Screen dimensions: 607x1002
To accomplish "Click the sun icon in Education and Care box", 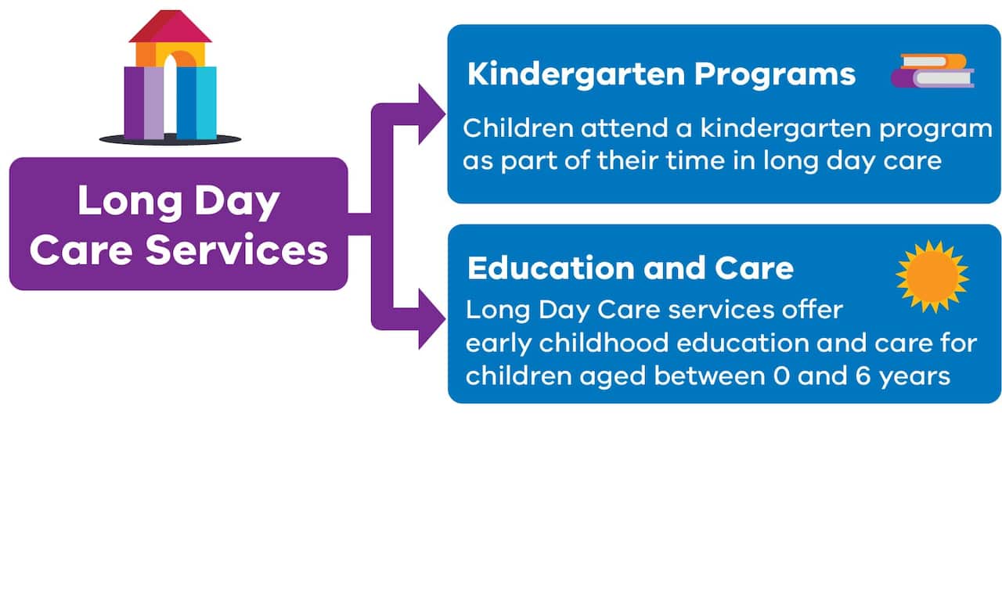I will (932, 275).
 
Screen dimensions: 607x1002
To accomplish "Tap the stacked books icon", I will (932, 71).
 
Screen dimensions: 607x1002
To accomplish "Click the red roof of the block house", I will (171, 27).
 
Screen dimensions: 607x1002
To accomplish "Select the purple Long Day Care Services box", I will (178, 224).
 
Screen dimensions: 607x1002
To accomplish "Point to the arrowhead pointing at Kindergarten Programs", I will (431, 114).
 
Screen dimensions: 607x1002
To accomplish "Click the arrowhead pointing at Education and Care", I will (431, 318).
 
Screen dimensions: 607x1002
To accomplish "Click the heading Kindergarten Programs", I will (661, 74).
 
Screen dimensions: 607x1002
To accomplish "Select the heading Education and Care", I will (630, 268).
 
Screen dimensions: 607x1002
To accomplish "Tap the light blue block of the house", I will (206, 102).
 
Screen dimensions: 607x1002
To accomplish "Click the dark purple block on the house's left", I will (134, 102).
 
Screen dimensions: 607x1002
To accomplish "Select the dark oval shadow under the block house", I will (170, 140).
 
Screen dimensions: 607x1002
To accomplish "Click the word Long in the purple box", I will (114, 201).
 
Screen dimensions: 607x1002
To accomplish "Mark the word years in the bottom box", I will (915, 377).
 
